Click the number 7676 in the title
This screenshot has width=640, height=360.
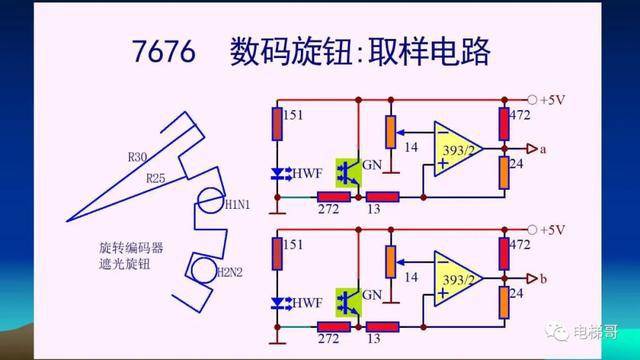[164, 51]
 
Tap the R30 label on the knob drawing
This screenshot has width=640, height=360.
[137, 157]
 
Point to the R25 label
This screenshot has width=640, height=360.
[156, 178]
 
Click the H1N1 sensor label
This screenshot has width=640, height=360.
[237, 204]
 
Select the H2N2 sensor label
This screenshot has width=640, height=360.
[229, 272]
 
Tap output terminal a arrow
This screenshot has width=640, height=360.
[532, 149]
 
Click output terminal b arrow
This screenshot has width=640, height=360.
[532, 279]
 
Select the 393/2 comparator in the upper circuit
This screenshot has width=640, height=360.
[458, 149]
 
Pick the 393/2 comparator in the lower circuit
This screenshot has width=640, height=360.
[458, 279]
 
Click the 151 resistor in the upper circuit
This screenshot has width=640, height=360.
[277, 124]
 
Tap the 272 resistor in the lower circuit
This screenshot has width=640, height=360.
[334, 327]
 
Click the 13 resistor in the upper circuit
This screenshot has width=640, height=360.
[382, 198]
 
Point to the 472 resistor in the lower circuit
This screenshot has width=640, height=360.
[504, 254]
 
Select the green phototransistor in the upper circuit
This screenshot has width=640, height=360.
[348, 173]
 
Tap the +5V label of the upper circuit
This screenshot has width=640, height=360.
[553, 100]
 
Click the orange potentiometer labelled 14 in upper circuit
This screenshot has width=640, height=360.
[391, 132]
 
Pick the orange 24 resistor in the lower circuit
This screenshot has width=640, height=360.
[504, 302]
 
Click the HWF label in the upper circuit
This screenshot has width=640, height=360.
[307, 173]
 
